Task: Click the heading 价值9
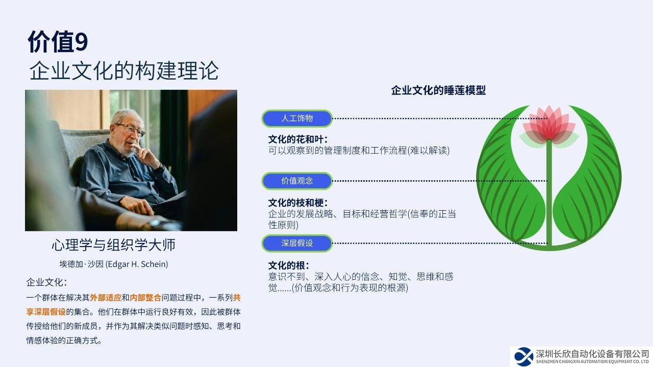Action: point(58,42)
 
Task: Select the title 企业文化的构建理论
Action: point(124,70)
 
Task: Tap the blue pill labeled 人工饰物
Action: point(297,118)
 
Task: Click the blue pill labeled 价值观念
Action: point(297,181)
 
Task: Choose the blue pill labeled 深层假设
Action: point(297,243)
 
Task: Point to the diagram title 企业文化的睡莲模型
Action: point(438,90)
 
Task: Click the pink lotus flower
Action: point(549,126)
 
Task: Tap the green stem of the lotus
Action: point(549,192)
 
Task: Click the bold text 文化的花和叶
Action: point(297,139)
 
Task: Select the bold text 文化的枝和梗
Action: point(297,203)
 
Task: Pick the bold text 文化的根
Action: point(288,265)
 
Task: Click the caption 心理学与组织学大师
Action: point(113,244)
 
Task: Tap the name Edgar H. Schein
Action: point(137,264)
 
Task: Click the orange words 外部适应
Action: point(106,298)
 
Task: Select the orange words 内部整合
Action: point(145,298)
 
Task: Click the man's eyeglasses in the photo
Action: point(131,129)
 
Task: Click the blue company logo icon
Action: point(524,356)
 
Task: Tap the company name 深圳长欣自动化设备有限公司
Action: point(592,354)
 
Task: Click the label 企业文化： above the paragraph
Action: point(46,282)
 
